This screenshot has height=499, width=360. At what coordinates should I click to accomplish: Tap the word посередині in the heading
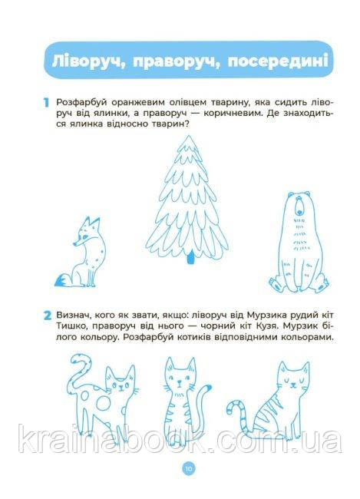click(x=278, y=61)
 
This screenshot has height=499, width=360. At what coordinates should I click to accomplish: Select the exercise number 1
click(x=47, y=103)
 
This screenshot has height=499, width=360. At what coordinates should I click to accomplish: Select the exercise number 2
click(x=47, y=316)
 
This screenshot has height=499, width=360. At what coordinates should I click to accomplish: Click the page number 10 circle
click(x=188, y=468)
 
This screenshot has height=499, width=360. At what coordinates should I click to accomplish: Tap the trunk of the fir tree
click(x=190, y=257)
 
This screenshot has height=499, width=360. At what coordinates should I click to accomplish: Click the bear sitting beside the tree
click(x=299, y=242)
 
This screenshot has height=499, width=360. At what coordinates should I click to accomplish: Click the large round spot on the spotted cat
click(x=104, y=404)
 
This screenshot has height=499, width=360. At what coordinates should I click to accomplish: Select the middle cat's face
click(x=180, y=375)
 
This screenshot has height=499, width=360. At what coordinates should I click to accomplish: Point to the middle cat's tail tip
click(x=208, y=387)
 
